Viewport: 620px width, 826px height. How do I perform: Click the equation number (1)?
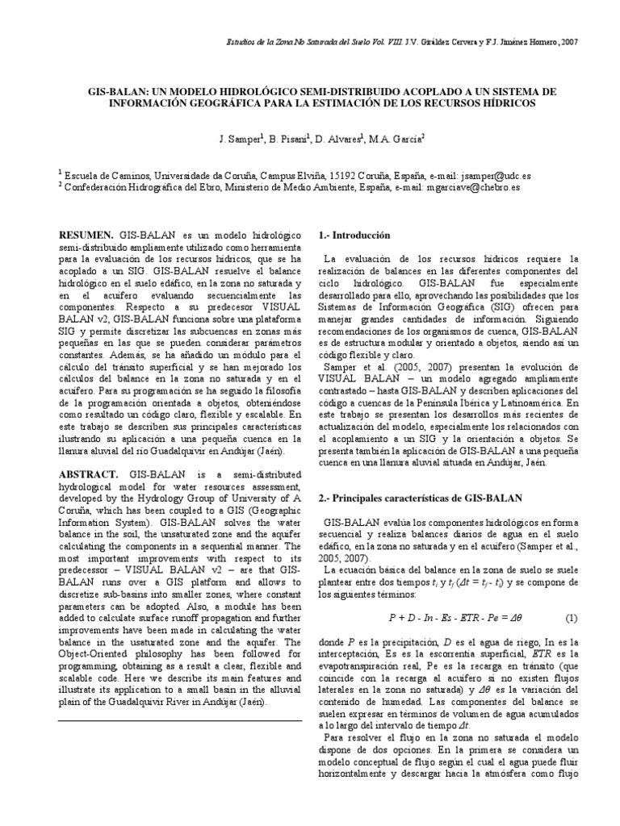pos(571,619)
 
